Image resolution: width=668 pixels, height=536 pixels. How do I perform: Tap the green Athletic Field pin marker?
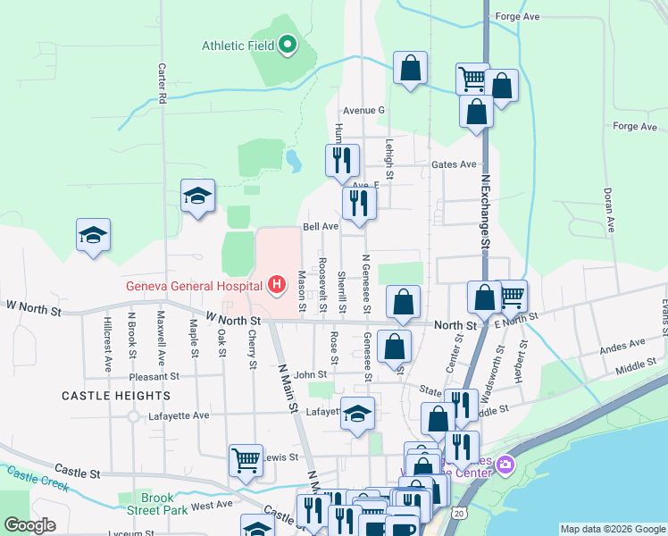tap(288, 44)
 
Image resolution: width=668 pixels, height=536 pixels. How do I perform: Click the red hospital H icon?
tap(277, 286)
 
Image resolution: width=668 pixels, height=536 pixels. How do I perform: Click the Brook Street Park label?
tap(163, 504)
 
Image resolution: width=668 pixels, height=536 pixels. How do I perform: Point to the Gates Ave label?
tap(455, 164)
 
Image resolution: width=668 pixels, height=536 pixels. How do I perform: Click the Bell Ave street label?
tap(321, 227)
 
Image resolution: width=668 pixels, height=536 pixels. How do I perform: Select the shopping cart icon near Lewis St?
tap(246, 460)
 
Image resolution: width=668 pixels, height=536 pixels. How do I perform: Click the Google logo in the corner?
tap(30, 525)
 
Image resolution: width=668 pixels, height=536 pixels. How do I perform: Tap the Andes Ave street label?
tap(624, 343)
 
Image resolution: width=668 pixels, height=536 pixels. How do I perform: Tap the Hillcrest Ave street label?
tap(107, 341)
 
